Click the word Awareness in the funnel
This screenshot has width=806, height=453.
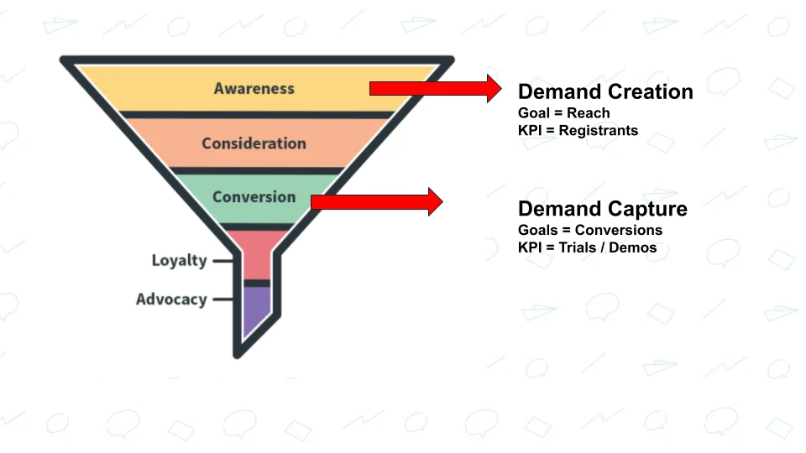click(254, 88)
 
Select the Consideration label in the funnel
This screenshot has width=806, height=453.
click(254, 143)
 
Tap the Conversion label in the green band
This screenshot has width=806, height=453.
click(254, 197)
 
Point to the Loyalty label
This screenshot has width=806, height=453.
click(179, 260)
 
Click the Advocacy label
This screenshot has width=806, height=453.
click(171, 299)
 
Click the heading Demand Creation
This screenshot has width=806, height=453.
click(605, 92)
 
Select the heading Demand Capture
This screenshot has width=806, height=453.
click(602, 209)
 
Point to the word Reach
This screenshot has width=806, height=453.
click(588, 113)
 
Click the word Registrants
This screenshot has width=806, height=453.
click(598, 131)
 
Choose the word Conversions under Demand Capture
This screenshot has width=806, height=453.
click(619, 230)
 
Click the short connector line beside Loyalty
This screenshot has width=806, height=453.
click(222, 261)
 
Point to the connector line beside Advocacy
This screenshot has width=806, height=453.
click(222, 299)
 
